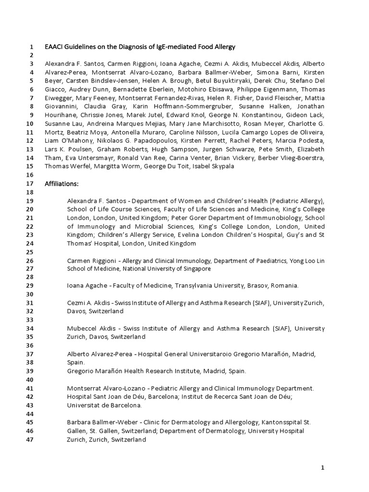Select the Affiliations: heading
coord(61,184)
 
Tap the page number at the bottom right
coord(323,467)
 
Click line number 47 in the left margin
coord(30,440)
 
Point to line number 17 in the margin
coord(30,184)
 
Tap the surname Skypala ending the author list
coord(209,166)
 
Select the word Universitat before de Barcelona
coord(83,405)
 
